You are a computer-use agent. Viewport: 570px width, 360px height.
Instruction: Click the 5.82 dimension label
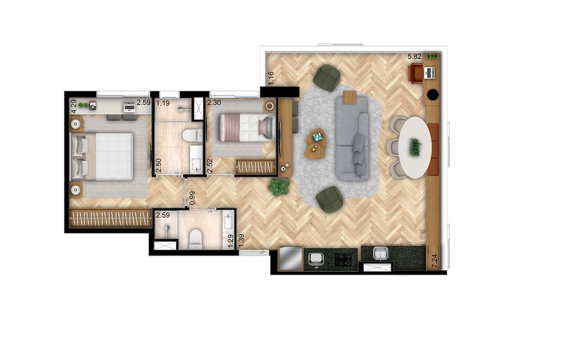tap(414, 57)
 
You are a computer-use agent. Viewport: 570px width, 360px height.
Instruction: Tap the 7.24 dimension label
tap(435, 261)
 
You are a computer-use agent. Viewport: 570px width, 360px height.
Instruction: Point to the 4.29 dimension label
tap(74, 106)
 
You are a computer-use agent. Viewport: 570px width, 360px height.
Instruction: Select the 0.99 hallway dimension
tap(192, 198)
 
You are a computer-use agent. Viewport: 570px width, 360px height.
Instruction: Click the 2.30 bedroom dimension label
tap(214, 103)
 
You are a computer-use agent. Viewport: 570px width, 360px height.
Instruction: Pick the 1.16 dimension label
tap(271, 78)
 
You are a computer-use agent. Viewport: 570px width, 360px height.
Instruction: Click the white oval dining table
tap(415, 147)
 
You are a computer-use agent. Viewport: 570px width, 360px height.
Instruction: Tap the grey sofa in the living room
tap(352, 139)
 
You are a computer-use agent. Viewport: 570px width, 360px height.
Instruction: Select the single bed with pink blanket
tap(247, 127)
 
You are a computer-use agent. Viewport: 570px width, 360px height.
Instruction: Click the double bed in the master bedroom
tap(102, 156)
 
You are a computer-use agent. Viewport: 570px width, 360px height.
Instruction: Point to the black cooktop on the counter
tap(343, 260)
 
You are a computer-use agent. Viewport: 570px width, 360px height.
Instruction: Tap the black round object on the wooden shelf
tap(433, 95)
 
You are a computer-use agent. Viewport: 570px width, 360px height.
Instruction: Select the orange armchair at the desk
tap(416, 73)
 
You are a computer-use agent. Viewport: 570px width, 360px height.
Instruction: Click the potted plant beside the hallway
tap(279, 187)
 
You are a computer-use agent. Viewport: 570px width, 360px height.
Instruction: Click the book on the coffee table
tap(317, 137)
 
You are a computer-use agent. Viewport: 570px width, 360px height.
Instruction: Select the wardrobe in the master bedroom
tap(111, 218)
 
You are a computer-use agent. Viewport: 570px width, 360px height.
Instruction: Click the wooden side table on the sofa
tap(350, 97)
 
